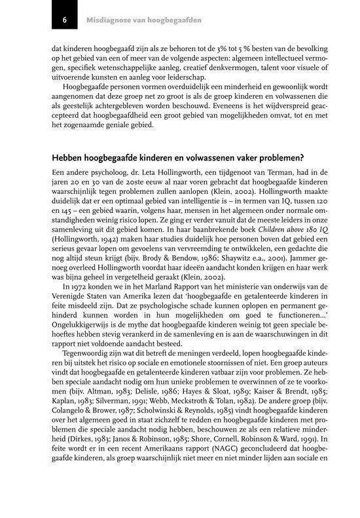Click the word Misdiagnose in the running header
tap(107, 21)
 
